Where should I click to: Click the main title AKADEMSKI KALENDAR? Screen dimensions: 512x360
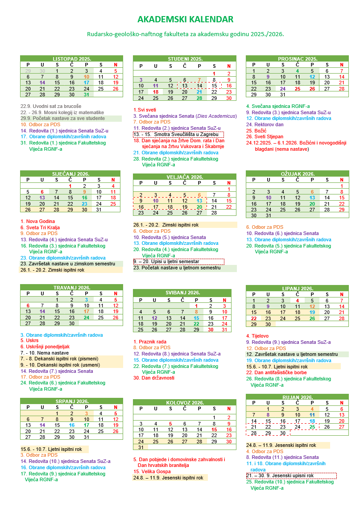pyautogui.click(x=185, y=19)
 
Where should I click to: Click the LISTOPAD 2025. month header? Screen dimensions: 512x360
pyautogui.click(x=71, y=58)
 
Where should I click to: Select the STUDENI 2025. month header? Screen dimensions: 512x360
pyautogui.click(x=185, y=59)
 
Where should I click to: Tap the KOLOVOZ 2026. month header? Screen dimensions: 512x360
pyautogui.click(x=185, y=403)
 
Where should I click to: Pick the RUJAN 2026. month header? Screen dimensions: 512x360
pyautogui.click(x=298, y=397)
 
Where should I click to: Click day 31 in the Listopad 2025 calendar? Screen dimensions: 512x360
pyautogui.click(x=86, y=94)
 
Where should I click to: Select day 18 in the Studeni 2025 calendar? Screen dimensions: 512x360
pyautogui.click(x=156, y=92)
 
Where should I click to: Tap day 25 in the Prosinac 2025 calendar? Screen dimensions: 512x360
pyautogui.click(x=298, y=88)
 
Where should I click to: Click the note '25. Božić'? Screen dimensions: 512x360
pyautogui.click(x=256, y=131)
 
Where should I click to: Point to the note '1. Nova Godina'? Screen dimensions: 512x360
pyautogui.click(x=38, y=221)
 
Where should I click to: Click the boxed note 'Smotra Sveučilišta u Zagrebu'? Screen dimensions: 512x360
pyautogui.click(x=178, y=134)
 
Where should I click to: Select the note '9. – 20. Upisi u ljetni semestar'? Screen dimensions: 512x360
pyautogui.click(x=178, y=261)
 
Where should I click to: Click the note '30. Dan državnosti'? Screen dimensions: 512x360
pyautogui.click(x=154, y=378)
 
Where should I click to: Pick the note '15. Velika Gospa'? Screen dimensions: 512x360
pyautogui.click(x=152, y=471)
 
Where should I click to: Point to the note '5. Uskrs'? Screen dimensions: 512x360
pyautogui.click(x=30, y=340)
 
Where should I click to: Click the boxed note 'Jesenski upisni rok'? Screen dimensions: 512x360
pyautogui.click(x=291, y=475)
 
